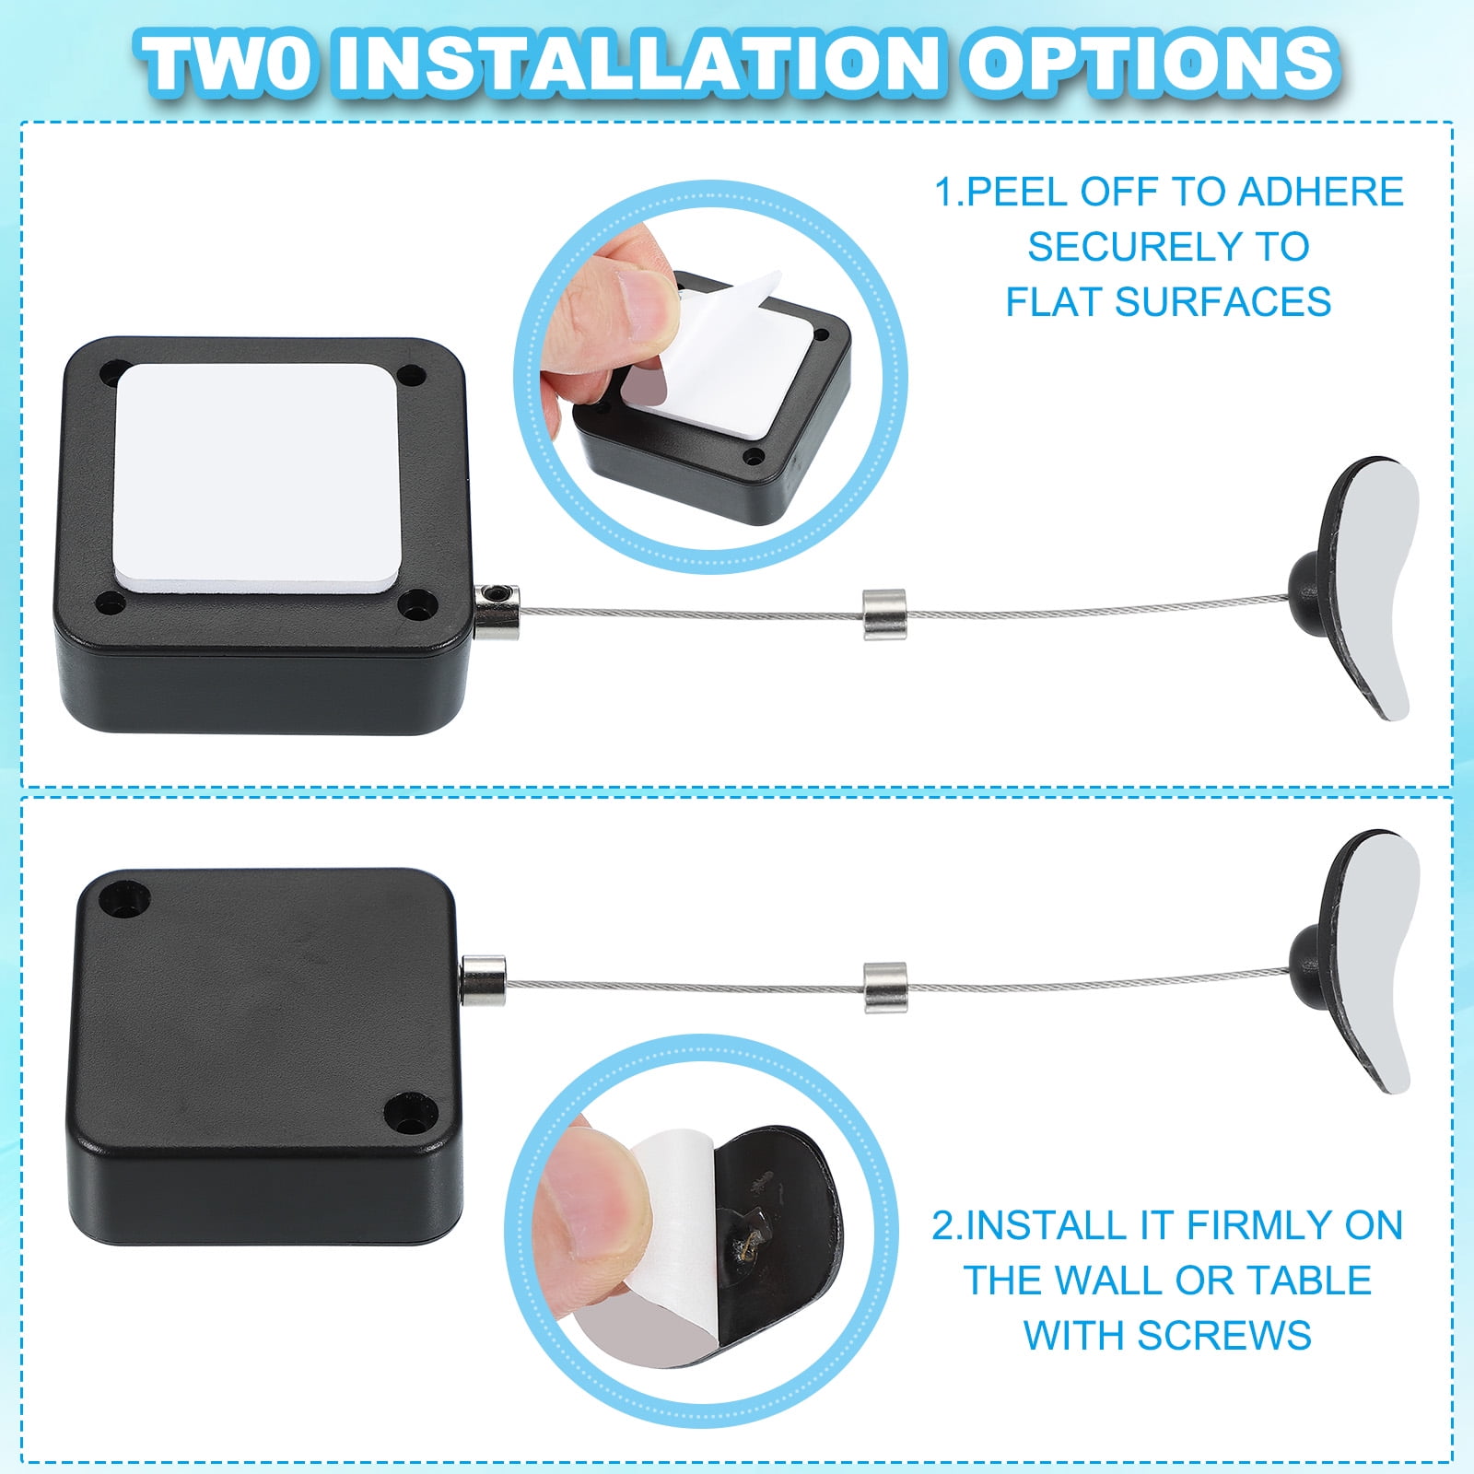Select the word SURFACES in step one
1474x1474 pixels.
(1222, 302)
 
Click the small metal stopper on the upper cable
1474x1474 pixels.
(884, 614)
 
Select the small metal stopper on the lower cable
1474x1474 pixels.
(884, 988)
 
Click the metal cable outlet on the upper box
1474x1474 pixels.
(497, 612)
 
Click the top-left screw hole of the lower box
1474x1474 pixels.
(126, 898)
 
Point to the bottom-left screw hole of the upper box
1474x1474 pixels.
(111, 604)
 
